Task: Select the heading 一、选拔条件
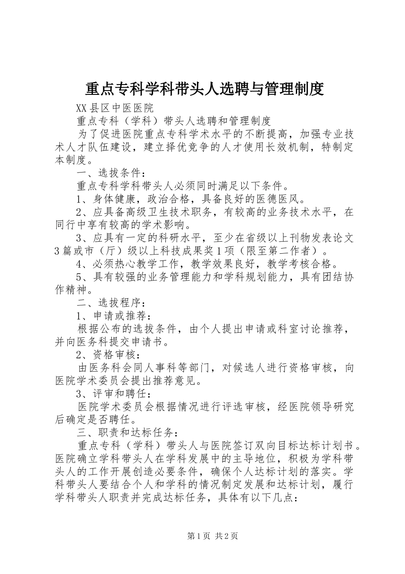(x=111, y=173)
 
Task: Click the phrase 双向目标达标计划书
(x=298, y=446)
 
